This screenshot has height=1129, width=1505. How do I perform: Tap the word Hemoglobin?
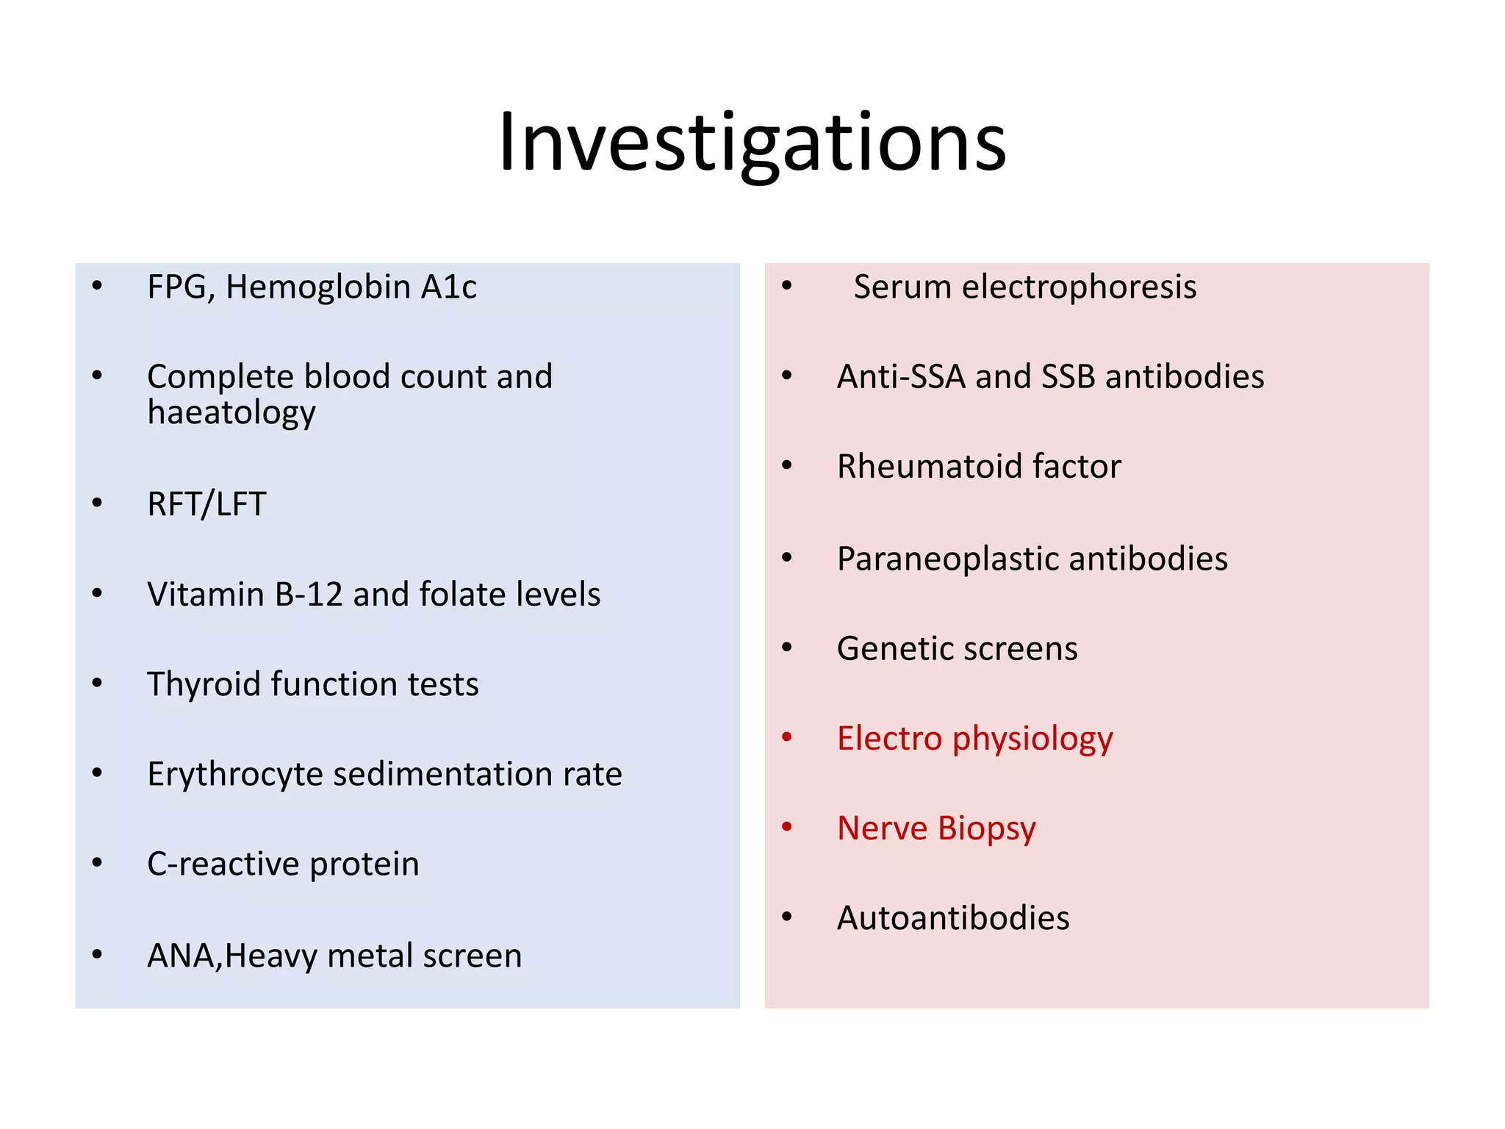pos(317,287)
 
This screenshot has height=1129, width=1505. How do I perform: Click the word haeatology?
pos(231,413)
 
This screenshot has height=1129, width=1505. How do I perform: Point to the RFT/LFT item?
pos(206,504)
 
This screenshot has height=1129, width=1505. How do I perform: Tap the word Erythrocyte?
pos(234,775)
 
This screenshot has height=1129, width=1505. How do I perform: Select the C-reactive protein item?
pos(283,864)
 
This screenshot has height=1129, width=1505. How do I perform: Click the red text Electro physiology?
pos(974,739)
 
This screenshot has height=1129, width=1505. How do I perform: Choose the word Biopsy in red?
pos(986,829)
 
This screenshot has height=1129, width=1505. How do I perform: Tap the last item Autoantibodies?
pos(953,918)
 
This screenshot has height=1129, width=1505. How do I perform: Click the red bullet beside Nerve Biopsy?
pos(787,827)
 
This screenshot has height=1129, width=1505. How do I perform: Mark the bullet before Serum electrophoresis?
pos(787,285)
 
